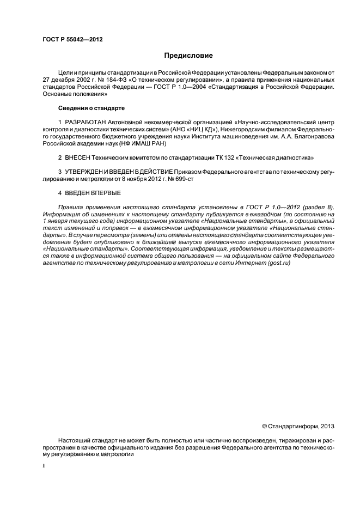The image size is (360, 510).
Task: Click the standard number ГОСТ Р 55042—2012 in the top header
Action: click(x=72, y=40)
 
